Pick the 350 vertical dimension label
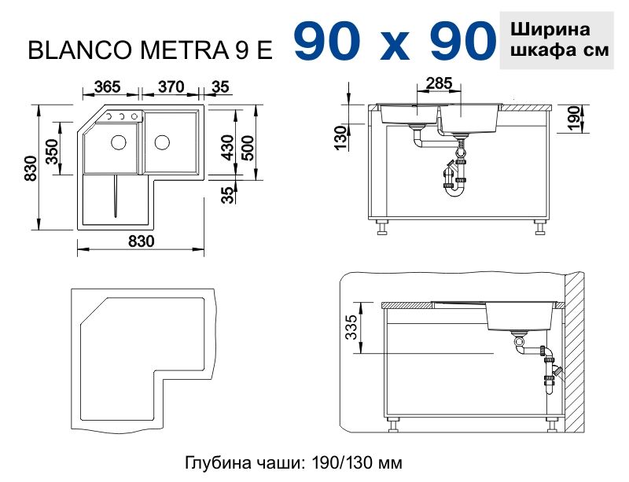pos(53,151)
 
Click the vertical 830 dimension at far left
pos(29,168)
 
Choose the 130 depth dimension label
pos(340,137)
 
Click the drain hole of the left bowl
pos(118,142)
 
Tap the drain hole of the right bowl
pos(162,142)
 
